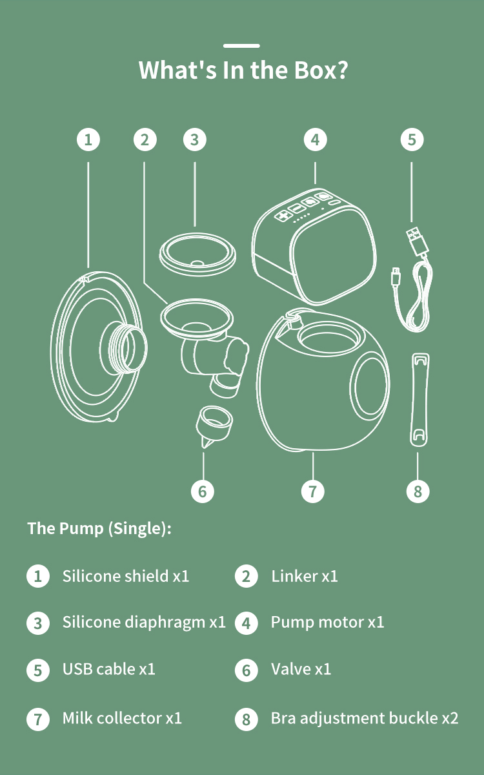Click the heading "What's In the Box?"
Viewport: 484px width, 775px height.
pyautogui.click(x=243, y=70)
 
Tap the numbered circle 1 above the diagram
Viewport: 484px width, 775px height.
pyautogui.click(x=88, y=139)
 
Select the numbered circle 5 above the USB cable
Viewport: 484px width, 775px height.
pyautogui.click(x=412, y=139)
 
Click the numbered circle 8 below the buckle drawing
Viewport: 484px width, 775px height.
pyautogui.click(x=418, y=491)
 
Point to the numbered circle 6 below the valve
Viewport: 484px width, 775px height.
pyautogui.click(x=203, y=491)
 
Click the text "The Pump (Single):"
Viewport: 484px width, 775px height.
pyautogui.click(x=99, y=528)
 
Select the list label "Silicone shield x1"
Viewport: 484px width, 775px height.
pyautogui.click(x=126, y=576)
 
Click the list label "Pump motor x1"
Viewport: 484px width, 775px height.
pyautogui.click(x=327, y=623)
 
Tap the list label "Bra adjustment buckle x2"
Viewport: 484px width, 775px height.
pyautogui.click(x=365, y=718)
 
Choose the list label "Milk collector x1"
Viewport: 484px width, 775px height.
pyautogui.click(x=122, y=718)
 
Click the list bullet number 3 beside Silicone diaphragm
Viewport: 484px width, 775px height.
pyautogui.click(x=38, y=623)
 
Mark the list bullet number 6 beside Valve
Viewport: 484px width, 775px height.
pyautogui.click(x=246, y=670)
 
